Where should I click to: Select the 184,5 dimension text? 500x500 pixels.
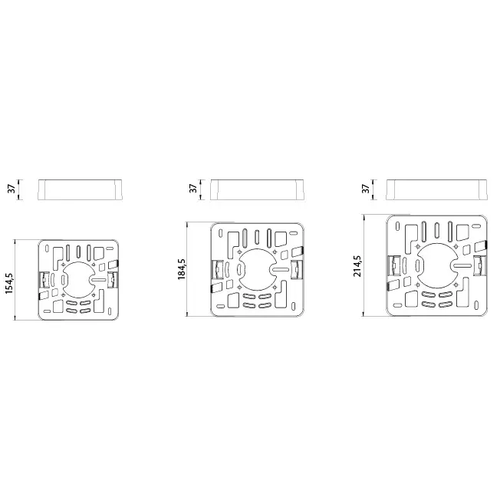[x=183, y=269]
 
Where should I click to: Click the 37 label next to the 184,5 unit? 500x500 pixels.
[x=192, y=188]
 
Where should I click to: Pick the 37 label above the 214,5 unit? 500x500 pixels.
[x=366, y=188]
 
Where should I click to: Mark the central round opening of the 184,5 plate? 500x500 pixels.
[x=255, y=270]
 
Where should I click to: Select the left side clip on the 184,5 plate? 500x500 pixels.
[x=216, y=269]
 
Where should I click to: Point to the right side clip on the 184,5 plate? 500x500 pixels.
[x=296, y=269]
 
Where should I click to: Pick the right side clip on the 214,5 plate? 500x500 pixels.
[x=480, y=266]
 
